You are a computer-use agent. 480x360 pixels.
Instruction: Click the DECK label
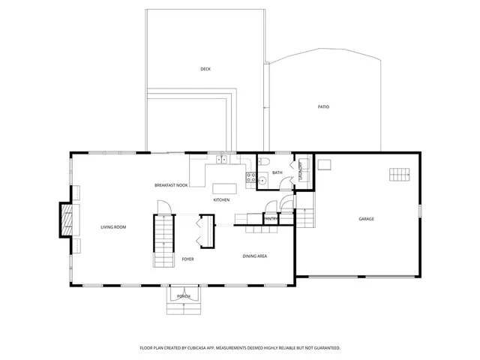205,69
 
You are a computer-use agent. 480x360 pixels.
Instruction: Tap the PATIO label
323,106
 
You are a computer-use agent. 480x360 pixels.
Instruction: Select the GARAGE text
366,219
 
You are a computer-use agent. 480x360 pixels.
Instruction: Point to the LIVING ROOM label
113,226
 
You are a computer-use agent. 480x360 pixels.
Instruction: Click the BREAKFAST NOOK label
170,184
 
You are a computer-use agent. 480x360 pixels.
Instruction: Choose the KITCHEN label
221,200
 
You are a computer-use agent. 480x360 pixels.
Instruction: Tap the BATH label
277,173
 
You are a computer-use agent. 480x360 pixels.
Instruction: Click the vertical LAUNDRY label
301,172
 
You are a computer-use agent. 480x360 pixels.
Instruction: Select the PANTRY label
271,218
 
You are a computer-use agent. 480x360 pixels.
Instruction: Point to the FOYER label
187,259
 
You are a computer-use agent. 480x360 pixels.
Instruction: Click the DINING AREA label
255,256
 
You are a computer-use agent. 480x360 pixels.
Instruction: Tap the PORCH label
183,297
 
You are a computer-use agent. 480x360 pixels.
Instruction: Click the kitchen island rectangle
223,188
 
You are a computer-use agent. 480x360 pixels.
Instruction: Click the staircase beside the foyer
164,240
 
